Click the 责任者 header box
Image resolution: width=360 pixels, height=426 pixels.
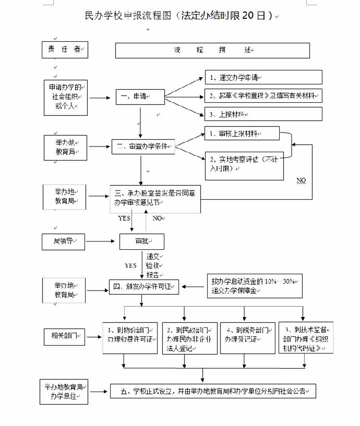point(65,50)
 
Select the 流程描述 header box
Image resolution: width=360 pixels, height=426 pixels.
point(212,50)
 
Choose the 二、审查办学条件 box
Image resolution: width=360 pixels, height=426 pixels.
point(142,147)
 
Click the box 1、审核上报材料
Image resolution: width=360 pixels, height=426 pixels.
point(241,134)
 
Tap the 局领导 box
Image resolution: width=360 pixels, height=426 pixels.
point(63,241)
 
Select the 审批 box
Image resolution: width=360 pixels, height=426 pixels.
point(142,241)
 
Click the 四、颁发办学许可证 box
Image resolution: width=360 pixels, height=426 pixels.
point(143,286)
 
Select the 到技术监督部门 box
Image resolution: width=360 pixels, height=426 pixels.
point(306,337)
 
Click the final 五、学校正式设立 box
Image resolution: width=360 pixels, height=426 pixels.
point(213,391)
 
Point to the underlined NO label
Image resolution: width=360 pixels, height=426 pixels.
point(301,180)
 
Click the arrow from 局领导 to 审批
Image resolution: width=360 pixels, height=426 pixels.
point(102,241)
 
